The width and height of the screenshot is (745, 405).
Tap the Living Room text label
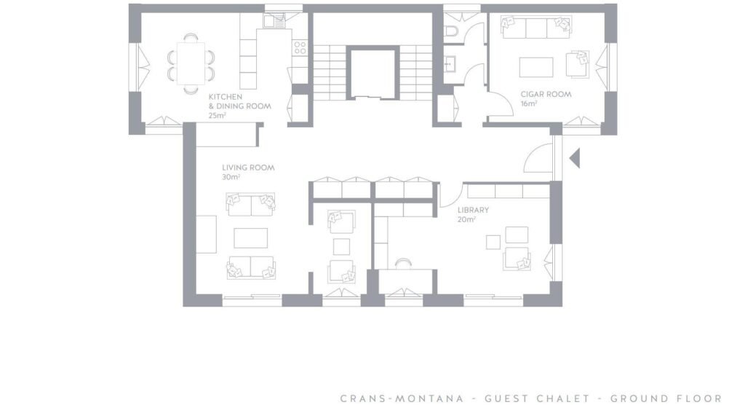[248, 168]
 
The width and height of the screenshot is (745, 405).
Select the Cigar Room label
[546, 94]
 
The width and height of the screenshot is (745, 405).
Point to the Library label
[473, 210]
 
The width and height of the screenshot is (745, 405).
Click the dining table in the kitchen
[191, 63]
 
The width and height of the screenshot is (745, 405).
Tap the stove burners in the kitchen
[300, 47]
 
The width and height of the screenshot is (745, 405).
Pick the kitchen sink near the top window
[274, 21]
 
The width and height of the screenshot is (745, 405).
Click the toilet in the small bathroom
[451, 31]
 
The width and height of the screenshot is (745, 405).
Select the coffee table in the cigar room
[536, 67]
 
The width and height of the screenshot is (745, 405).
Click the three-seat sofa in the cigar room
[536, 28]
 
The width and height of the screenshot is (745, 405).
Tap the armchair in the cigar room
[577, 64]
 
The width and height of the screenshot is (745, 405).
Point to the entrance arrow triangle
[575, 158]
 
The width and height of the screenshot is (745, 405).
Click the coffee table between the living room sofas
[250, 238]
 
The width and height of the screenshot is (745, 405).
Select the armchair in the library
[517, 259]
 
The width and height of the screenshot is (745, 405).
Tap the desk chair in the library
[403, 264]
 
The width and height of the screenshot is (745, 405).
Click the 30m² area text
[231, 177]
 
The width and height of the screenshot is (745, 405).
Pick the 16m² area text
[529, 103]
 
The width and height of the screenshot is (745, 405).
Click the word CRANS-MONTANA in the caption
[402, 398]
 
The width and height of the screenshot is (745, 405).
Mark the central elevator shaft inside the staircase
[372, 73]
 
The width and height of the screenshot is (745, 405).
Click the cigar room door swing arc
[506, 98]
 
